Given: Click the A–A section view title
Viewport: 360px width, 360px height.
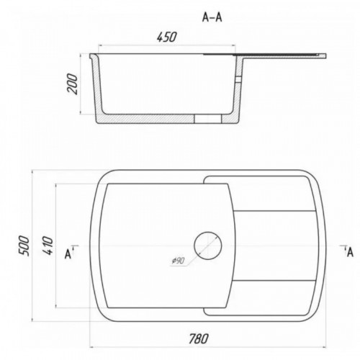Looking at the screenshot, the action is [212, 17].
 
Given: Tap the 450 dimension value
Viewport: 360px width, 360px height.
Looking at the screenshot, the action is [167, 37].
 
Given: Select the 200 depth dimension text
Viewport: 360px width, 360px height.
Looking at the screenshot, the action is [73, 84].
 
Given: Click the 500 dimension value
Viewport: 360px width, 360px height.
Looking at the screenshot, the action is [24, 246].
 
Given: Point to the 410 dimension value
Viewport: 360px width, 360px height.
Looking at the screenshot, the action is [48, 246].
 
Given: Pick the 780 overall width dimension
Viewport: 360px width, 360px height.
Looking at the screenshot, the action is [199, 338].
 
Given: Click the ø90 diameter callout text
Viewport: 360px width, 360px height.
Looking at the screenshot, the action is [178, 261].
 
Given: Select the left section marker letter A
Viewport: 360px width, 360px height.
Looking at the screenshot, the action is [68, 254].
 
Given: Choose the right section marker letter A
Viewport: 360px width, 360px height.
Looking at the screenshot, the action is [350, 253].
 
